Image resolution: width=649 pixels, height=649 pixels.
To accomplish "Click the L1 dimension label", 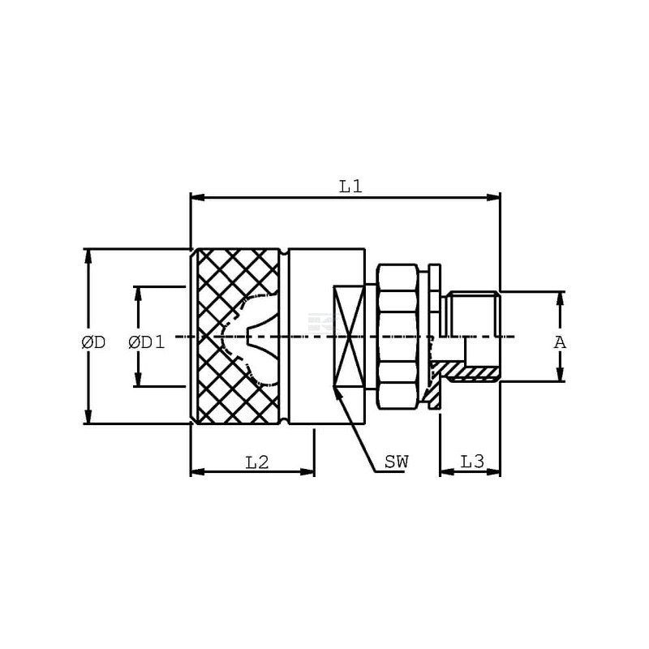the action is pyautogui.click(x=351, y=187).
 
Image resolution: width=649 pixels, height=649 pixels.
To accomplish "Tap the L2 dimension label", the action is pyautogui.click(x=257, y=462).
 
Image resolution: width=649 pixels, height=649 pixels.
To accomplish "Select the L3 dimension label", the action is pyautogui.click(x=473, y=462).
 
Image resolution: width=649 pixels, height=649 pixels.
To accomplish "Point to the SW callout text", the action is pyautogui.click(x=397, y=462).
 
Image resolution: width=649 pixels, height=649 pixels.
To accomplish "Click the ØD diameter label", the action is pyautogui.click(x=93, y=342).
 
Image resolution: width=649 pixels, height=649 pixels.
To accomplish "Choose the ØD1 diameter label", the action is pyautogui.click(x=147, y=342).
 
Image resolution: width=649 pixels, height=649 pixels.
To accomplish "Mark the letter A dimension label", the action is pyautogui.click(x=560, y=342).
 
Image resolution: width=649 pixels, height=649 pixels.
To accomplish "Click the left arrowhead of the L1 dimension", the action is pyautogui.click(x=197, y=197).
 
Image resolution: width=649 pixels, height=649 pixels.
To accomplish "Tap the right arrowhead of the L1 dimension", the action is pyautogui.click(x=493, y=197).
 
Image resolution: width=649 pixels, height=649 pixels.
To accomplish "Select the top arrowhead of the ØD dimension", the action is pyautogui.click(x=88, y=256).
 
